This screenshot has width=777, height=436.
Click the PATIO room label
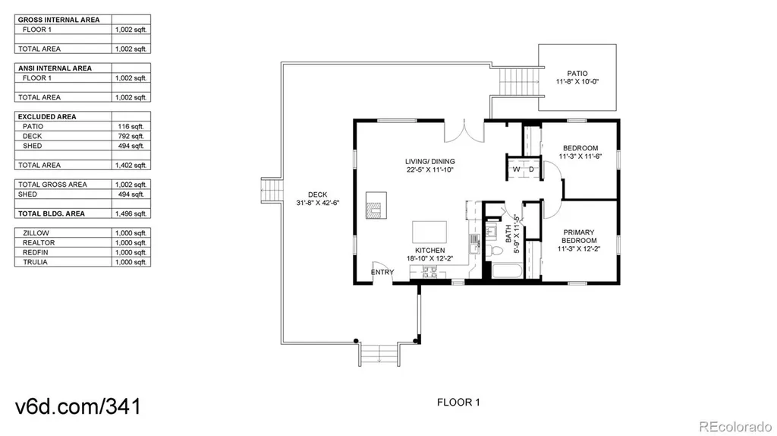[577, 74]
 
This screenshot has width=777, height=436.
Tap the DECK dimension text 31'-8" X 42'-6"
[318, 203]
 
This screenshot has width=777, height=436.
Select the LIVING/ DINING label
[429, 161]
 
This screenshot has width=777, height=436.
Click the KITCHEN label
[429, 251]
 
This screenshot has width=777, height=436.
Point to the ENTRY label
[382, 272]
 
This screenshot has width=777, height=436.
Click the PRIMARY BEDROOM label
[579, 236]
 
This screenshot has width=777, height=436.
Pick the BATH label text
[508, 234]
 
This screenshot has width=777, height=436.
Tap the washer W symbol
[516, 169]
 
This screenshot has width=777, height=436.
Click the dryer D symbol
[531, 169]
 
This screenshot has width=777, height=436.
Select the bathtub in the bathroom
[507, 271]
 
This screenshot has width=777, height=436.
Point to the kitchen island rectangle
[429, 232]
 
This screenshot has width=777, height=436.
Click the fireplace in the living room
[376, 205]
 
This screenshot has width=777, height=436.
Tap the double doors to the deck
[464, 131]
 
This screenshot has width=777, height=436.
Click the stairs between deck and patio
[518, 83]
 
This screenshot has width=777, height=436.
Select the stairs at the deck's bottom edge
[379, 354]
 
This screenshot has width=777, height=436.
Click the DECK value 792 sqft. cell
[131, 136]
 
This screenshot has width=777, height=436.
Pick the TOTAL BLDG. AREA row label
[52, 213]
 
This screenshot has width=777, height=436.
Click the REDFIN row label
[35, 252]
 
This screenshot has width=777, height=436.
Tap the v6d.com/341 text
[78, 406]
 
